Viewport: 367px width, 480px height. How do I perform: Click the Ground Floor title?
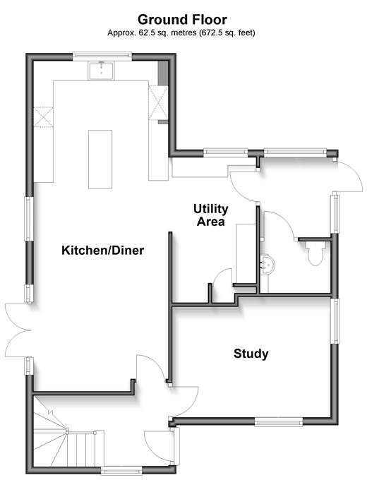click(x=182, y=20)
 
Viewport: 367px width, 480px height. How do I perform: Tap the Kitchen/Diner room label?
click(x=102, y=250)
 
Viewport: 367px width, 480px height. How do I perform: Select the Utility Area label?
click(x=211, y=215)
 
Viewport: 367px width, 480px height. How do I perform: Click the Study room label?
click(x=251, y=354)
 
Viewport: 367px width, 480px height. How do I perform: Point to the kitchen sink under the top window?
click(x=101, y=71)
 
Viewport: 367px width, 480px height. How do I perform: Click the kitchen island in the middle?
click(x=100, y=160)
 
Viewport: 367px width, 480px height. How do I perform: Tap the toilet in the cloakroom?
click(x=315, y=253)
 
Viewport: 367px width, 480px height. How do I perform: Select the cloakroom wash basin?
click(x=267, y=264)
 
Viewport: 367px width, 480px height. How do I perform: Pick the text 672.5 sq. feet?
click(x=227, y=32)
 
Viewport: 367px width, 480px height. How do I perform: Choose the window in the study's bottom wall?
click(x=279, y=423)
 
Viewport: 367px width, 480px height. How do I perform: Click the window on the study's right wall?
click(x=336, y=320)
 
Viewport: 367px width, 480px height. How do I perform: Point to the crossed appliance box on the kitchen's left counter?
click(x=43, y=116)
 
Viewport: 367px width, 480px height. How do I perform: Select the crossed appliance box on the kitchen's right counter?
click(x=158, y=102)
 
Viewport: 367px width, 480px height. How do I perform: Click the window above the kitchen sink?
click(x=102, y=55)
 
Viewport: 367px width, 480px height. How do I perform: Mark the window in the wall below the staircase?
click(x=121, y=470)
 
